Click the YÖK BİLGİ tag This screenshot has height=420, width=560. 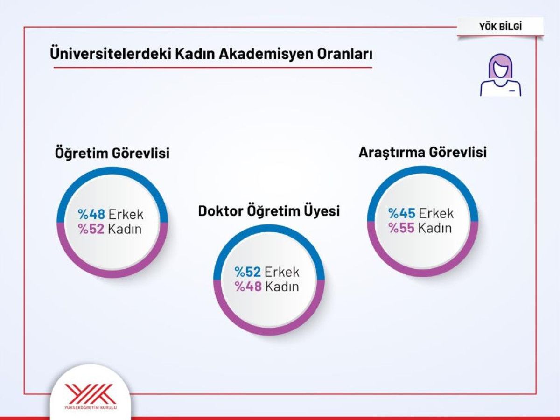tap(500, 27)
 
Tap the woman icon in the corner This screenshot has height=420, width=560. tap(500, 75)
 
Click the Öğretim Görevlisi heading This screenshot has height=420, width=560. tap(112, 153)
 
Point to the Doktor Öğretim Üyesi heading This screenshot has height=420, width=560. tap(269, 211)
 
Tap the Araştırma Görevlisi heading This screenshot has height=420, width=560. tap(422, 152)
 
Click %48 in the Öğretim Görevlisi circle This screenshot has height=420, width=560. tap(91, 215)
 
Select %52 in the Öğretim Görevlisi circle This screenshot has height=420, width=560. tap(91, 229)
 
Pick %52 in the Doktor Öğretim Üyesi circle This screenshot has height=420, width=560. tap(248, 272)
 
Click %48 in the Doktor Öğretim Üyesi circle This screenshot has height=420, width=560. tap(248, 287)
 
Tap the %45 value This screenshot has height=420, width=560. tap(402, 213)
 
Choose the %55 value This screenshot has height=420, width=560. tap(402, 228)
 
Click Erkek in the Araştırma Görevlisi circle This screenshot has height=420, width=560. tap(436, 213)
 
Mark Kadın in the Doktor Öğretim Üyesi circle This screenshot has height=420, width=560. tap(282, 287)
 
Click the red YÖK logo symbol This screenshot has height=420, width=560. tap(90, 393)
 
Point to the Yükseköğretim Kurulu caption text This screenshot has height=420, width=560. tap(90, 408)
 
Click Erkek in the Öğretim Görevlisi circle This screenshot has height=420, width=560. tap(126, 215)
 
